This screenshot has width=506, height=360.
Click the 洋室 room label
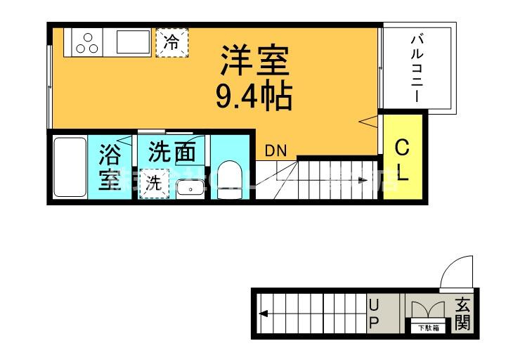pos(254,61)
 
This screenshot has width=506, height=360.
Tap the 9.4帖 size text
pos(254,96)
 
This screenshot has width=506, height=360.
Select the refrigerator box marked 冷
pos(171,41)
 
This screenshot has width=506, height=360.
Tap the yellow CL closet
pos(403,161)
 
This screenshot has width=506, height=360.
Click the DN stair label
pos(275,150)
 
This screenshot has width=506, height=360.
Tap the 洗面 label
pos(171,151)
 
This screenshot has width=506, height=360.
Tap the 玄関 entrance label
pos(462,314)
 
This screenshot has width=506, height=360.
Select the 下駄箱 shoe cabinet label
pos(427,327)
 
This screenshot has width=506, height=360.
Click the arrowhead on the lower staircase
pos(261,314)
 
